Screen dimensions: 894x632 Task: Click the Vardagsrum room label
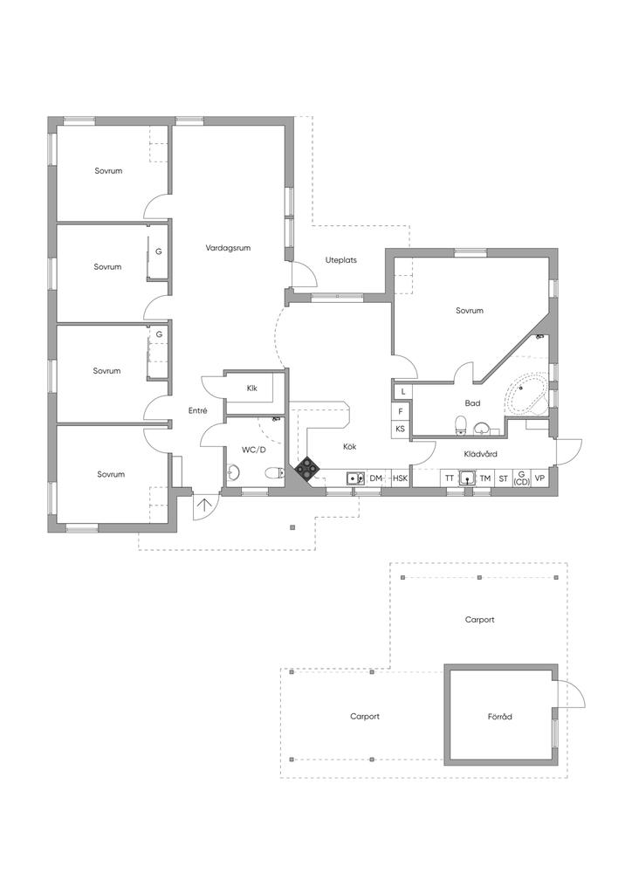coord(228,248)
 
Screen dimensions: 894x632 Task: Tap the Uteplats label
coord(340,260)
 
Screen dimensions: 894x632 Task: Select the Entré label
coord(197,410)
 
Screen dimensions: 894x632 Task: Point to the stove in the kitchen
coord(307,469)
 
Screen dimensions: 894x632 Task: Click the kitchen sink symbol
coord(355,478)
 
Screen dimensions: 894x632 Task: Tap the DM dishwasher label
coord(375,478)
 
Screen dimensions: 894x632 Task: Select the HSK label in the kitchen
coord(400,478)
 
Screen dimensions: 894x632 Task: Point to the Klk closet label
coord(251,388)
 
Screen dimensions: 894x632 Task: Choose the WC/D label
coord(253,450)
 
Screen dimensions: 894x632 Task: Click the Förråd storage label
coord(499,717)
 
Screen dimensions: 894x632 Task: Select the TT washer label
coord(449,478)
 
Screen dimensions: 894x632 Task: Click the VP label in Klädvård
coord(539,478)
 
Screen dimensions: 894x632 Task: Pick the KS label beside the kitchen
coord(400,429)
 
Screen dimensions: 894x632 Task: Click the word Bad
coord(472,403)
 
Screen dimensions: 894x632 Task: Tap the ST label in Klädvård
coord(503,478)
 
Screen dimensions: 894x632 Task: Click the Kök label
coord(349,446)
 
